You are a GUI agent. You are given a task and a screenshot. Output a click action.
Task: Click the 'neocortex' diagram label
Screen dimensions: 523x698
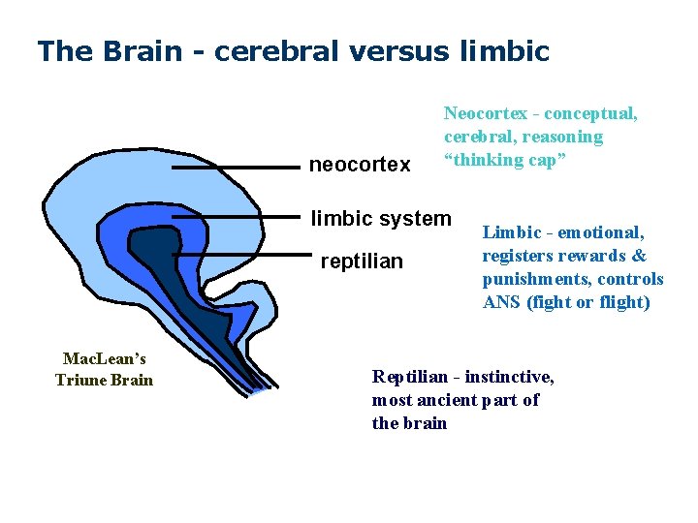pos(359,166)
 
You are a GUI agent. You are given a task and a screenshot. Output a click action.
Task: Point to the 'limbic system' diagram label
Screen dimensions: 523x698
pos(381,219)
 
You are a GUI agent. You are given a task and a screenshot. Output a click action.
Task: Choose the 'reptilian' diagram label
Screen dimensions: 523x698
pos(361,262)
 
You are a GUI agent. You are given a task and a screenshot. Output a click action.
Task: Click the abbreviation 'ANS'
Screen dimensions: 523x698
pos(503,302)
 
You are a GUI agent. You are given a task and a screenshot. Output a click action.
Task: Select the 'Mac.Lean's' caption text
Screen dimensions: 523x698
pos(104,358)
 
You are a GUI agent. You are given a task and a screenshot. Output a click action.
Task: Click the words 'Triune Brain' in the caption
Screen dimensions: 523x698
pos(104,380)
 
